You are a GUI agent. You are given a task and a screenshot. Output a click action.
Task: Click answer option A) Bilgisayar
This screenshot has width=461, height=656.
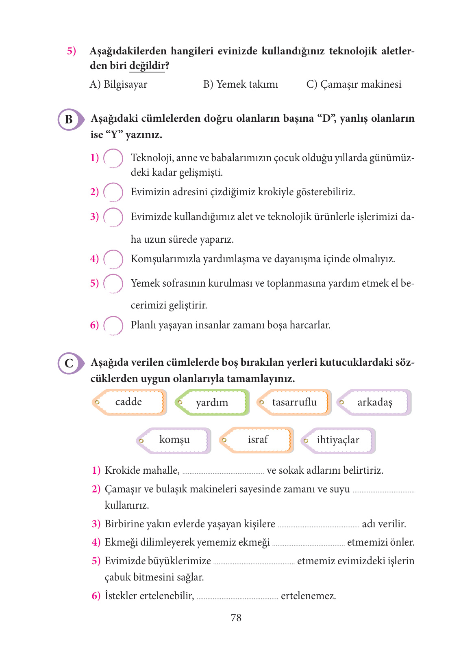point(118,84)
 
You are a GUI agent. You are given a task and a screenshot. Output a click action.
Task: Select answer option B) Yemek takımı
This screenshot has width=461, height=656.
point(241,84)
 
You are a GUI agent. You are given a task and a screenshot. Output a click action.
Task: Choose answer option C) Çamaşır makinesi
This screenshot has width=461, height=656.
point(354,84)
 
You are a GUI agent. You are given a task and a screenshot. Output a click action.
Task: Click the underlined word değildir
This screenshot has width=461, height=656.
point(147,66)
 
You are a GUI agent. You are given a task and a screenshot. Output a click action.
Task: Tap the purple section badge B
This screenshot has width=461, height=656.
point(70,119)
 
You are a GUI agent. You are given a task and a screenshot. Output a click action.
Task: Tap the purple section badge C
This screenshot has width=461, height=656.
point(70,363)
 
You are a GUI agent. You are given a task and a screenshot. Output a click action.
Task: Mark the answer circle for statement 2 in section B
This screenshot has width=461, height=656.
point(113,192)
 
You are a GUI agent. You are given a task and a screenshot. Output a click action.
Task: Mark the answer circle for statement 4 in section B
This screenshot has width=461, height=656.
point(113,259)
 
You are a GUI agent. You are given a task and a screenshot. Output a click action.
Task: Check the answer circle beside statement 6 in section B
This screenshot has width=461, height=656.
point(113,325)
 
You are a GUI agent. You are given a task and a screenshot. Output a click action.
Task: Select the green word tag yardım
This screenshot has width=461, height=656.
point(212,402)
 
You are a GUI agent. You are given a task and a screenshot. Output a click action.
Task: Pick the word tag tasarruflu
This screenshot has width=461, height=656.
point(294,402)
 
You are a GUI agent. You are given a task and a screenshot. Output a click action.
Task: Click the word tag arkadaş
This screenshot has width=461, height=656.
point(375,402)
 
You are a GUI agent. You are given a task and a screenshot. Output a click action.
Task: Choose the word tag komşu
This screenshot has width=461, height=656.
point(174,440)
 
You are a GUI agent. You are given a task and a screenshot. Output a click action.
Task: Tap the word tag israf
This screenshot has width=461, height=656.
point(258,440)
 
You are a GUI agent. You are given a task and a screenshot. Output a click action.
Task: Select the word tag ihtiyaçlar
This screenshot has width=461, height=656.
point(338,440)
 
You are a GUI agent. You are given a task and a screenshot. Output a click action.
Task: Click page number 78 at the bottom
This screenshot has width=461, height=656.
point(236,618)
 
